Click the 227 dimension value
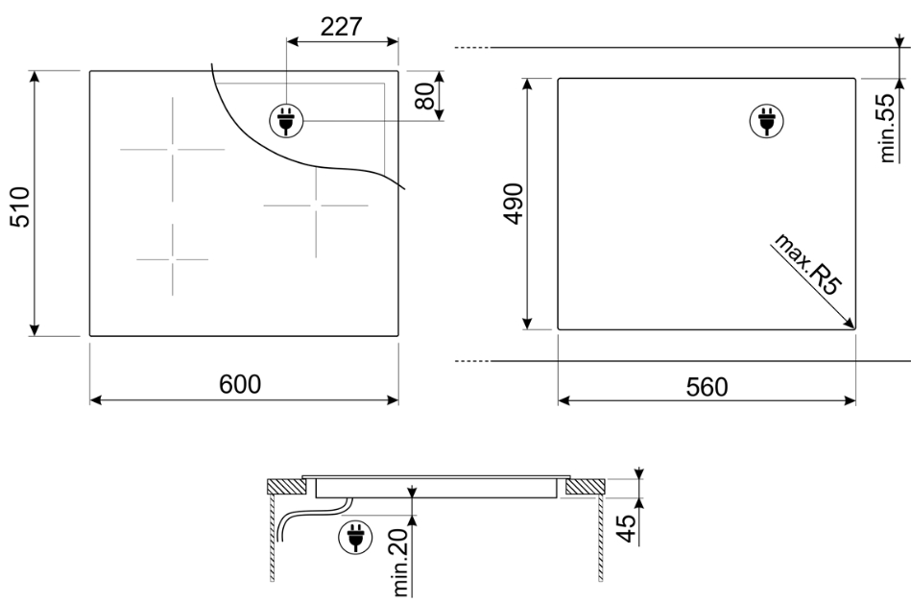(341, 26)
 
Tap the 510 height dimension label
(20, 207)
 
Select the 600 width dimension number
(240, 384)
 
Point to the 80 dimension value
(425, 96)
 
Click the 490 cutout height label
(515, 204)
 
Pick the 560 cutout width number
(707, 387)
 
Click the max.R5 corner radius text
(808, 264)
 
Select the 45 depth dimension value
(626, 528)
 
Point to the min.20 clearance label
(401, 563)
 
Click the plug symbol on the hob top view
(286, 121)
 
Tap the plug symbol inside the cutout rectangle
(766, 121)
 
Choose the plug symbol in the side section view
(355, 537)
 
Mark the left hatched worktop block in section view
(287, 486)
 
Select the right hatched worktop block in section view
(585, 486)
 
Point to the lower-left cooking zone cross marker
(173, 259)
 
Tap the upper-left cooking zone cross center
(173, 149)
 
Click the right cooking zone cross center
(316, 205)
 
